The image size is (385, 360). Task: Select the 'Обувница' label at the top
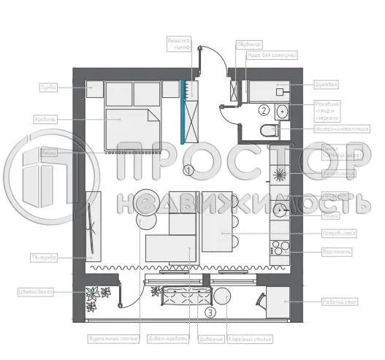244,45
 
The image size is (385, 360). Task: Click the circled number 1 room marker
188,171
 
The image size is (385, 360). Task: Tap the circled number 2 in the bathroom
262,110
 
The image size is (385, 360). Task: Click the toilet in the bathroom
270,131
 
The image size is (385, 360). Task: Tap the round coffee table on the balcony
223,296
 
